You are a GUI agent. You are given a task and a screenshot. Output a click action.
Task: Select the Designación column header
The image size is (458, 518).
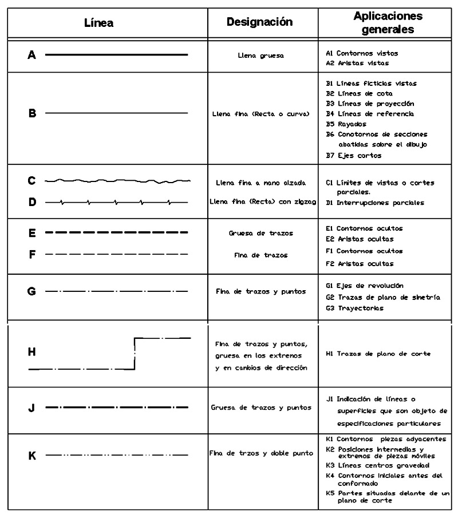(260, 22)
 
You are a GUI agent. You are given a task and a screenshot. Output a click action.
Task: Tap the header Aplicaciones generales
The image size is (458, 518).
(388, 22)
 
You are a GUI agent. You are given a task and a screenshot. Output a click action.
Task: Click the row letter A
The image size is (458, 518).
(32, 55)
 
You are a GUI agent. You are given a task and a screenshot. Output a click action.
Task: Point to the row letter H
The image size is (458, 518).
(32, 353)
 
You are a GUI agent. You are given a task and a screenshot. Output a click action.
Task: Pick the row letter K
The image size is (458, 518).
(32, 456)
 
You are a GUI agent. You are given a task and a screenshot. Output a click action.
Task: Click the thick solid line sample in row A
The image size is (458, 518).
(117, 55)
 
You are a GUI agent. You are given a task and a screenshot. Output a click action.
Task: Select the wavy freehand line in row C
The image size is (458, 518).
(117, 181)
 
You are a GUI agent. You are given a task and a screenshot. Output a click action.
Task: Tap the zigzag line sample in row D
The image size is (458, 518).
(117, 202)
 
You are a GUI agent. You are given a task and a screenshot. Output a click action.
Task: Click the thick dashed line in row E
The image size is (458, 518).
(117, 233)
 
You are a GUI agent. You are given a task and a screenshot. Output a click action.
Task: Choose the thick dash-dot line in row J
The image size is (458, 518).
(117, 408)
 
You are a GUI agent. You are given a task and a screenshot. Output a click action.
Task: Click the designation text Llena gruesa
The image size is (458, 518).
(260, 56)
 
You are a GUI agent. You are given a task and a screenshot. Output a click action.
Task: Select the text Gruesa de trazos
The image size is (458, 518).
(260, 234)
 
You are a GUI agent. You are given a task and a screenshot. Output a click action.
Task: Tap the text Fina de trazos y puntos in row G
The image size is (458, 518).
(260, 291)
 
